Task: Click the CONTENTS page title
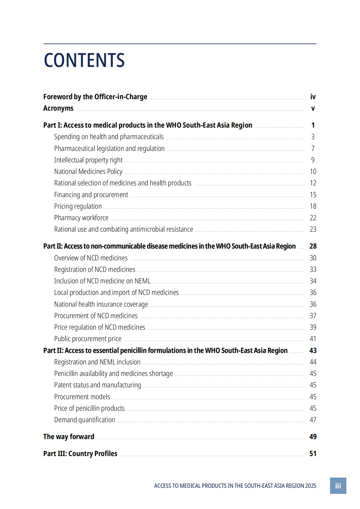(84, 60)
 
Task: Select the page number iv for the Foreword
(313, 97)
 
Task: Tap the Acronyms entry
(58, 108)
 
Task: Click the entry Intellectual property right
(88, 160)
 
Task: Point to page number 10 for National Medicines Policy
(313, 171)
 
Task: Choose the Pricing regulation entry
(78, 206)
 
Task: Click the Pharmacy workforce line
(81, 218)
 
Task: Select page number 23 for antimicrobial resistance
(313, 229)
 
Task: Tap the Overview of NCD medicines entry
(91, 258)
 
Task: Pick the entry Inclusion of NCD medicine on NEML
(102, 281)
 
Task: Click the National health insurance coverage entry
(101, 304)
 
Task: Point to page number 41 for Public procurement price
(313, 339)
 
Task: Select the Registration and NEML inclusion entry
(97, 362)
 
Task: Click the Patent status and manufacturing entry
(97, 385)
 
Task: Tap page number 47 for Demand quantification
(313, 420)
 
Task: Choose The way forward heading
(69, 437)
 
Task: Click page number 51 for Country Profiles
(313, 454)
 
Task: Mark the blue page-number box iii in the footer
(338, 486)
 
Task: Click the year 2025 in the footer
(310, 486)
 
